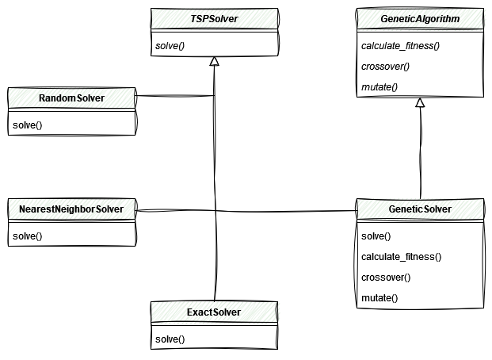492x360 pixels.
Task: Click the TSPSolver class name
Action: [214, 18]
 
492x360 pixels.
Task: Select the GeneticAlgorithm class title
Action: [420, 18]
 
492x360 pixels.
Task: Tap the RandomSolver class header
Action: [71, 98]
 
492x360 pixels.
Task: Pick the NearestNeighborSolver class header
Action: [71, 209]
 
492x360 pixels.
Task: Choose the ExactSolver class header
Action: [214, 312]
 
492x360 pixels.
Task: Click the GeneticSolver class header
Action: [420, 209]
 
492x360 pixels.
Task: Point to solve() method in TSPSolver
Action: [170, 45]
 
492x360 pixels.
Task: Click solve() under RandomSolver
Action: [27, 126]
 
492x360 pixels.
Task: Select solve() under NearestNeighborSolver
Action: [27, 236]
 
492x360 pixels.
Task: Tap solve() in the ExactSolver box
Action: [170, 339]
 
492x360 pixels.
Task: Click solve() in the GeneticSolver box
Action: [376, 236]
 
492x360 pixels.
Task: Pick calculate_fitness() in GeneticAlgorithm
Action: [400, 45]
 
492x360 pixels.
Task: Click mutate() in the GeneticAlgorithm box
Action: [379, 86]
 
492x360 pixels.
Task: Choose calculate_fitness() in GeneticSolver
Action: [401, 257]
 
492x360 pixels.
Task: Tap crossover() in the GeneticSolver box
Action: [386, 278]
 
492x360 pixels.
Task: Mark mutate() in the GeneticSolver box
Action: [379, 298]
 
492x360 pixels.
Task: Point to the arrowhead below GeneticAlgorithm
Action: [420, 103]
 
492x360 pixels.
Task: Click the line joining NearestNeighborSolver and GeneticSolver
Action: [246, 210]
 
